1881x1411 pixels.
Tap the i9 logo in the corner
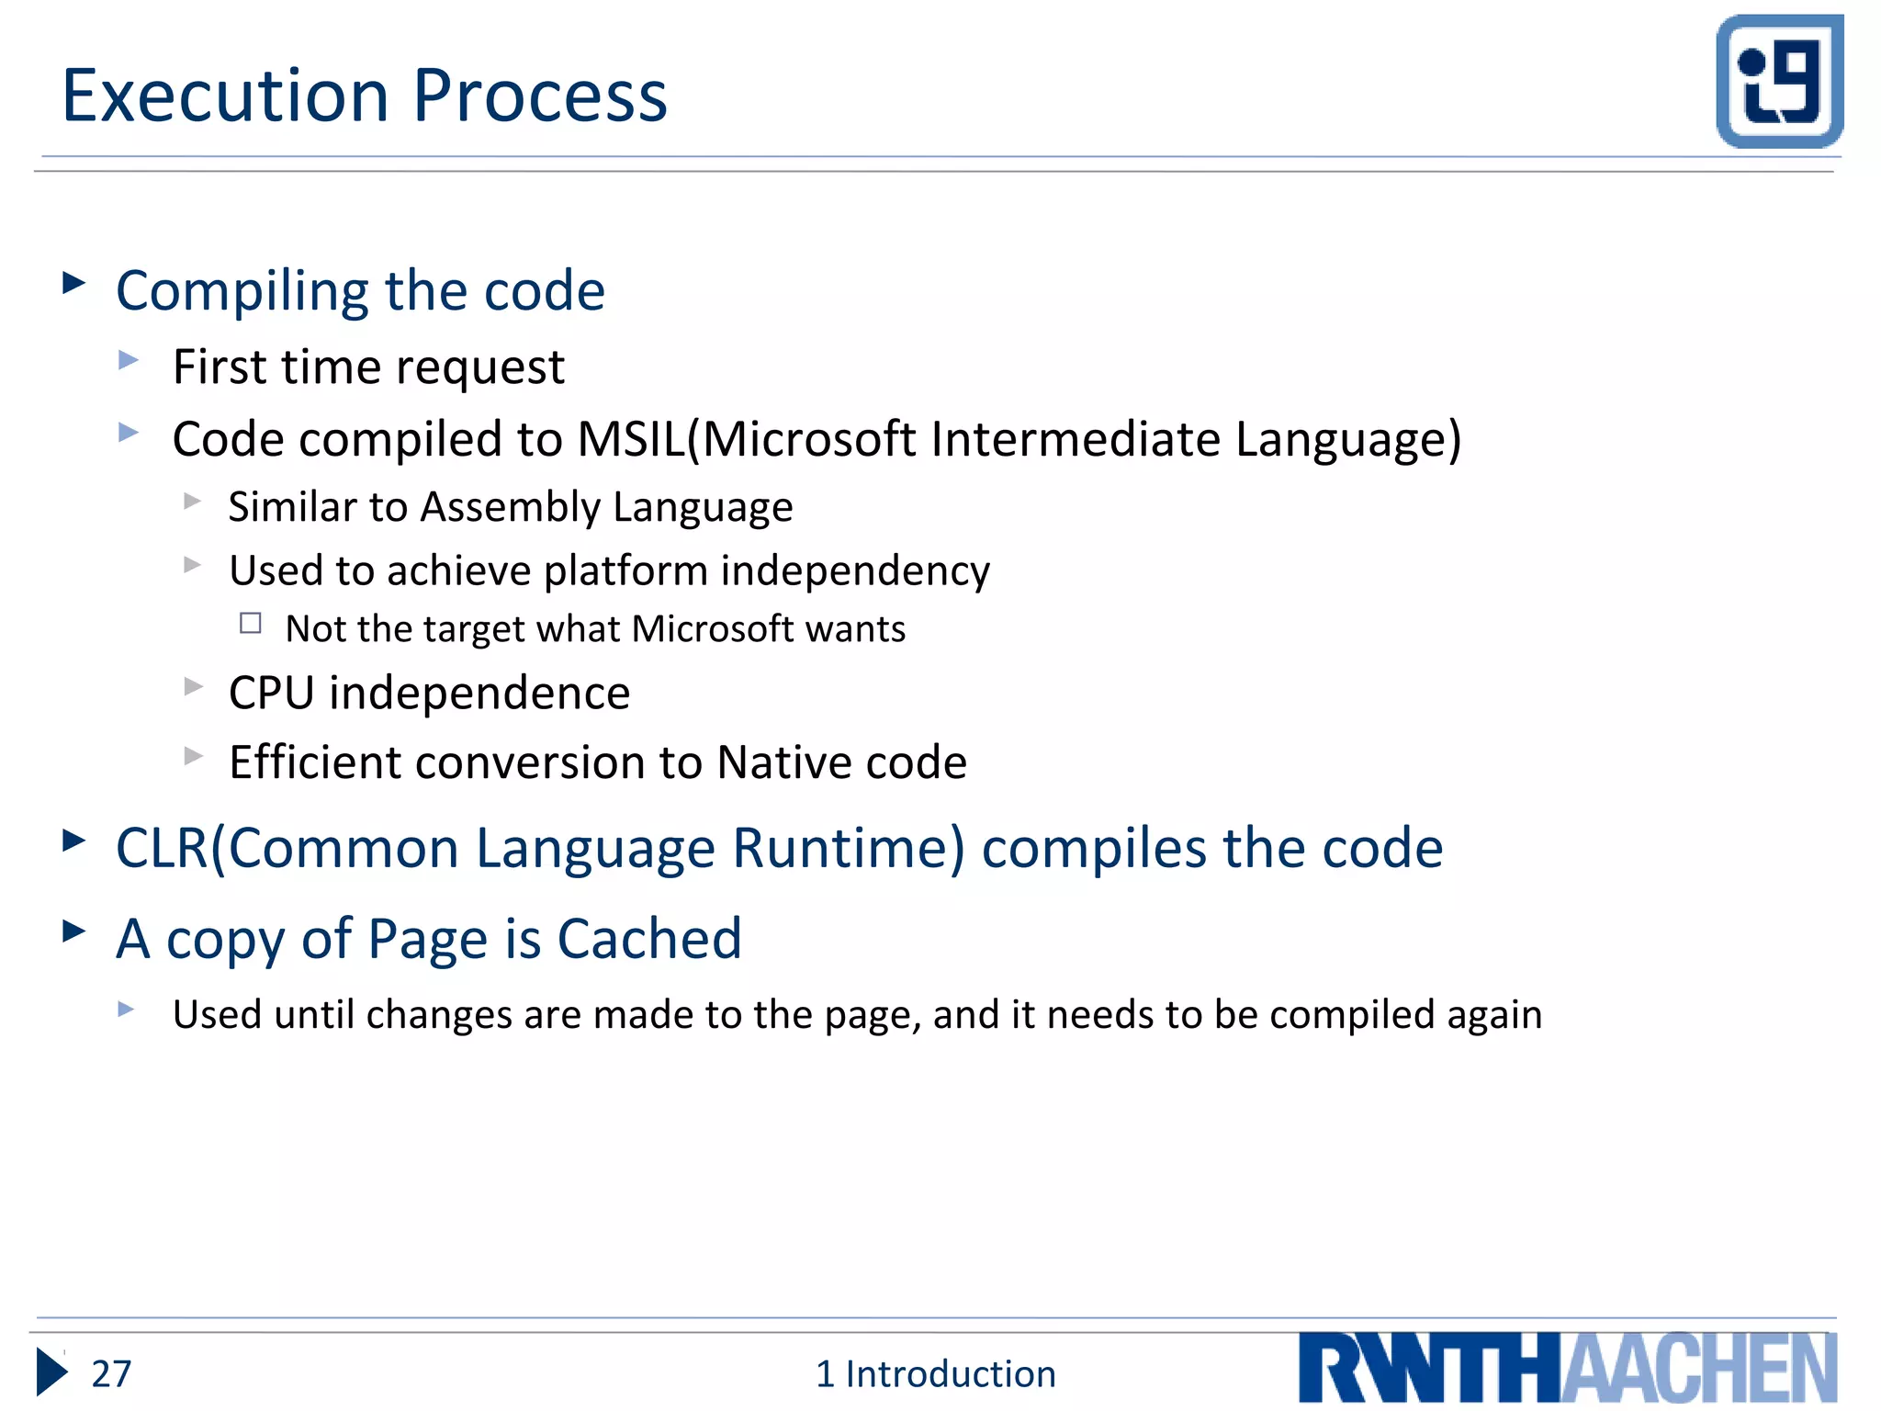pos(1779,81)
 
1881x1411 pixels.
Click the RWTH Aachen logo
pos(1567,1368)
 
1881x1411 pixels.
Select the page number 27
pos(111,1374)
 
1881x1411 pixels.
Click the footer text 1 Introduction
pos(935,1374)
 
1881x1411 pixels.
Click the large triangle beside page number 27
pos(51,1372)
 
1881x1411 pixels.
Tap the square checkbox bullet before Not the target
pos(251,624)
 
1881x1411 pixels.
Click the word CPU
pos(271,693)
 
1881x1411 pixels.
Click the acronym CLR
pos(162,848)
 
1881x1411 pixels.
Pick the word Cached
pos(648,940)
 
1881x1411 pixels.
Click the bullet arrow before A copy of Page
pos(73,931)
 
